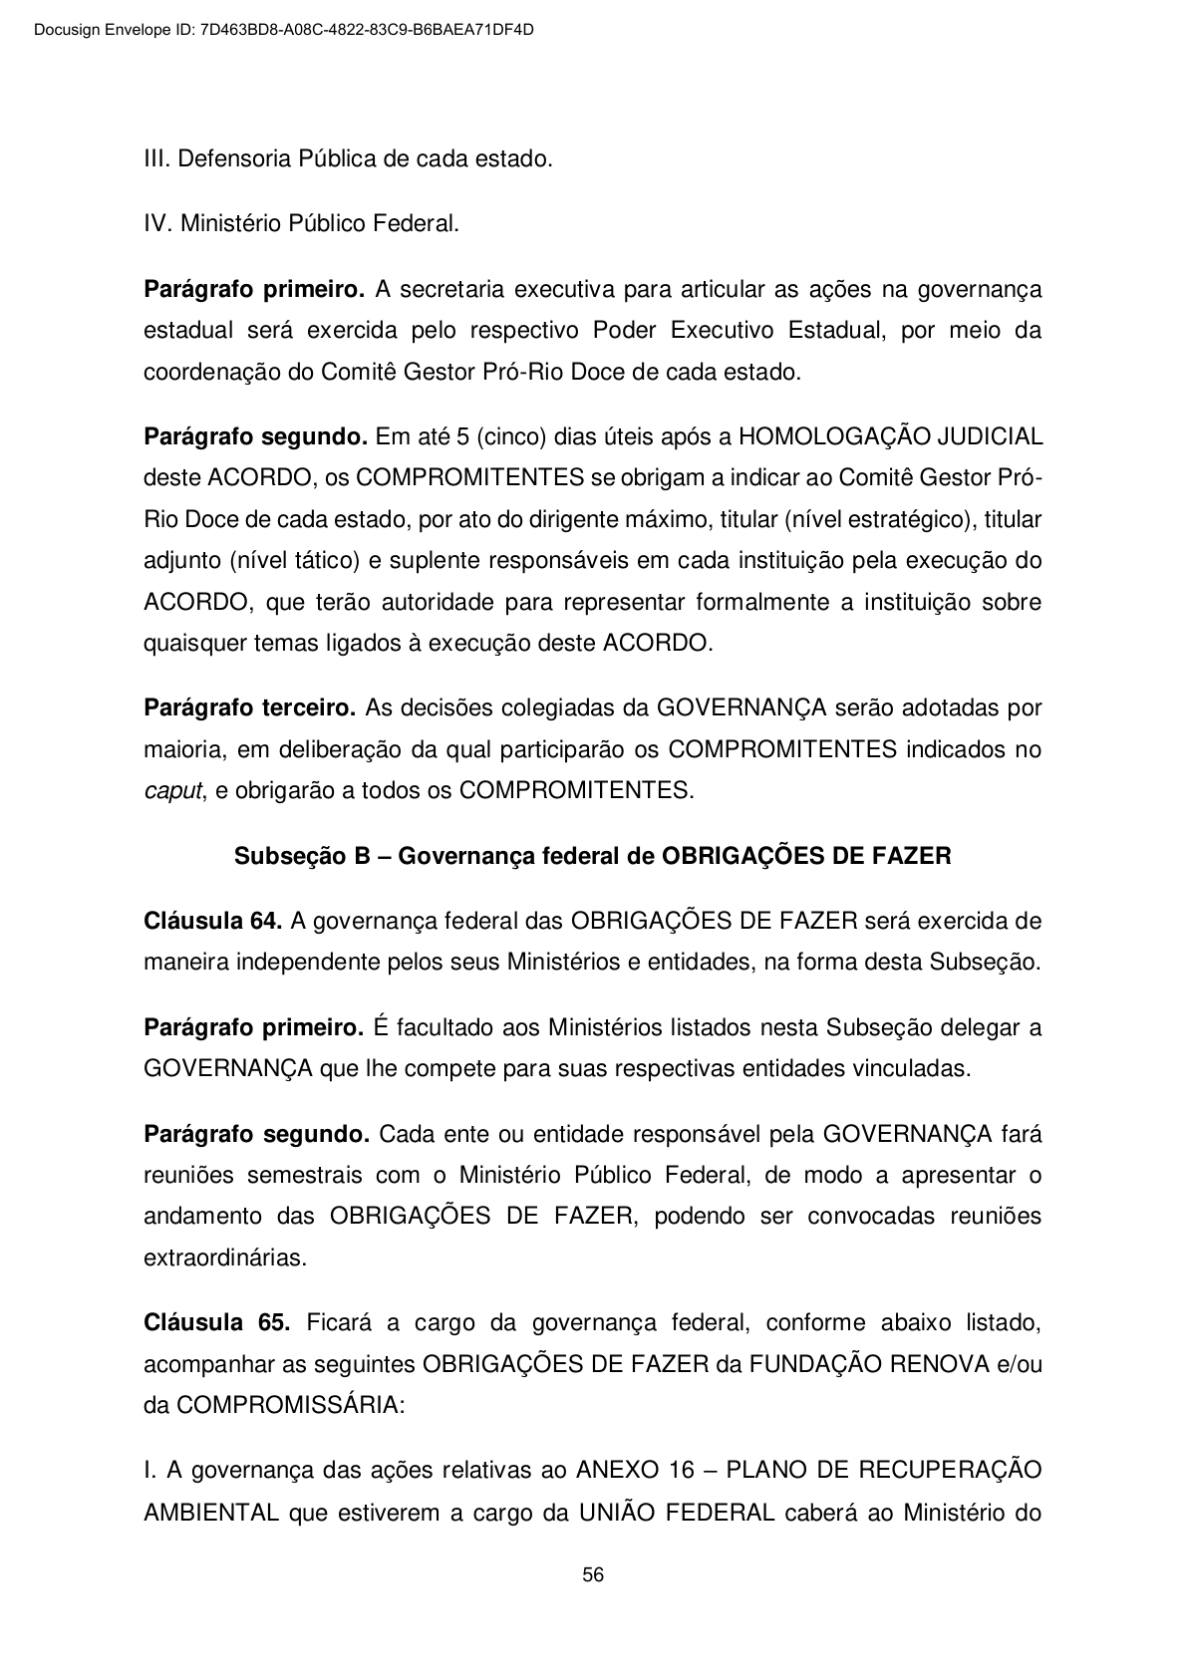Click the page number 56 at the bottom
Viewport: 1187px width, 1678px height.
(593, 1575)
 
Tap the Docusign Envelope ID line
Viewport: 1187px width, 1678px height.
(283, 30)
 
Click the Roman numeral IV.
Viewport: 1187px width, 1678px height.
(158, 224)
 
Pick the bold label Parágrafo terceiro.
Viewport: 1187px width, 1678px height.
(250, 708)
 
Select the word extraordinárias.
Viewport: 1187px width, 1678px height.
(225, 1258)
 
